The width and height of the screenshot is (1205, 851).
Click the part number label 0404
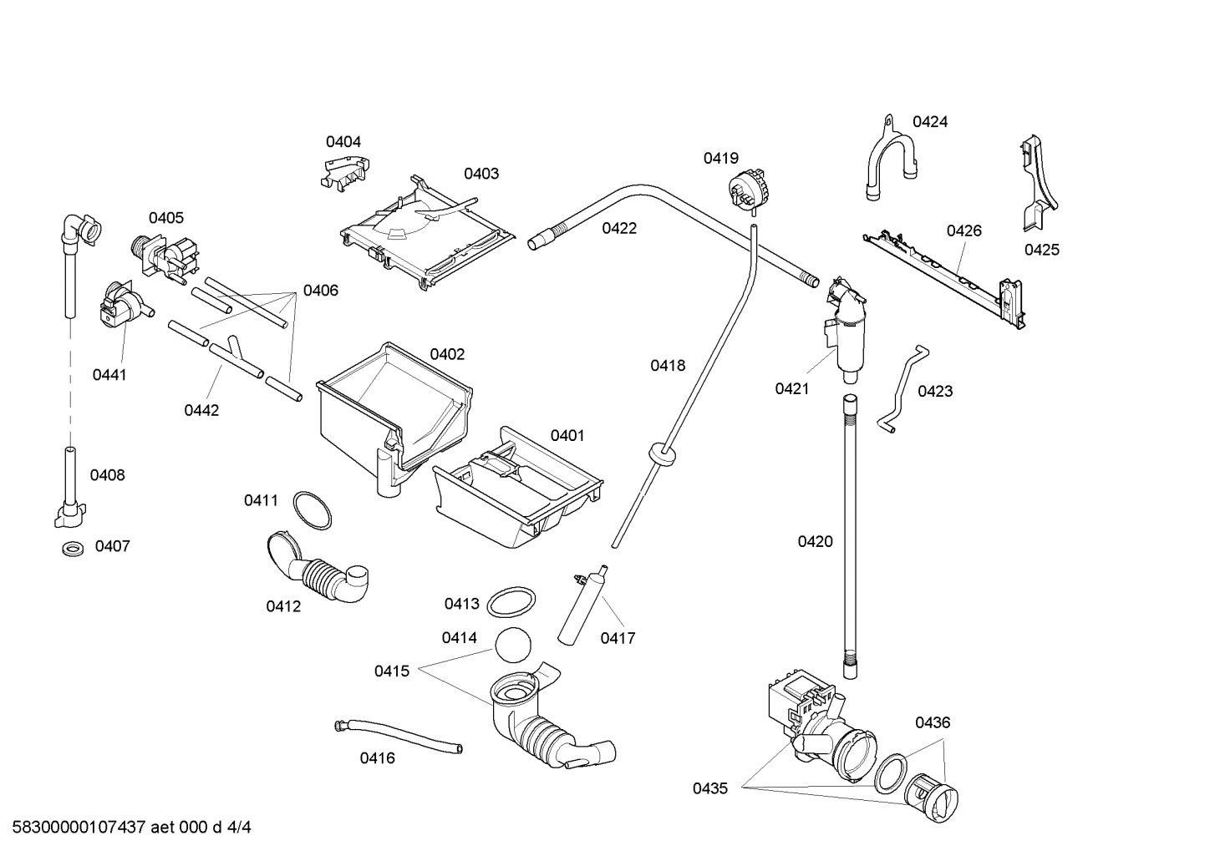pyautogui.click(x=343, y=142)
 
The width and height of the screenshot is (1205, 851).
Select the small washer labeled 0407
pyautogui.click(x=74, y=550)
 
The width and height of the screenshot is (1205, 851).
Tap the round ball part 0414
pyautogui.click(x=513, y=646)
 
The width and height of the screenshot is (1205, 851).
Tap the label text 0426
pyautogui.click(x=963, y=230)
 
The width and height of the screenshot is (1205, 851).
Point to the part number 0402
pyautogui.click(x=447, y=354)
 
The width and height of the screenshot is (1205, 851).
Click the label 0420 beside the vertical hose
pyautogui.click(x=815, y=541)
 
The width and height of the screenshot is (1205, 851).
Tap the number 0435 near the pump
pyautogui.click(x=709, y=788)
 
